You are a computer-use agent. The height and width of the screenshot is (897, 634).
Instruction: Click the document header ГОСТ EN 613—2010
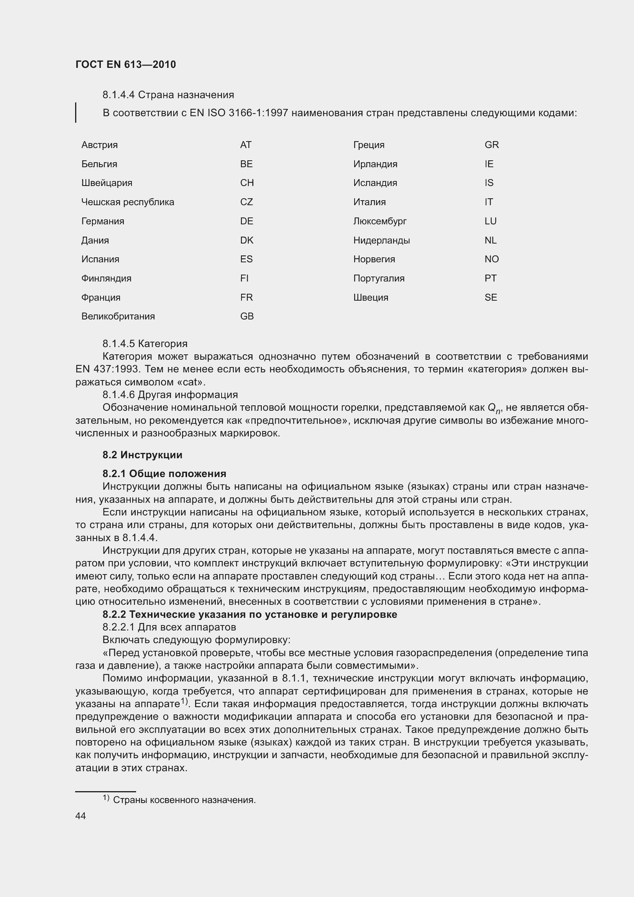[x=125, y=64]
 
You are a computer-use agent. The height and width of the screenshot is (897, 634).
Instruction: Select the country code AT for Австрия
[x=246, y=145]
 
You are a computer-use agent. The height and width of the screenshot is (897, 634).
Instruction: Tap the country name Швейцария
[x=107, y=183]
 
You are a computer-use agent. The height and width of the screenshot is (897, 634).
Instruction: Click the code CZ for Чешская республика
[x=246, y=202]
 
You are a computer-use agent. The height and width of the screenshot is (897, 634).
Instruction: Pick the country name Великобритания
[x=118, y=316]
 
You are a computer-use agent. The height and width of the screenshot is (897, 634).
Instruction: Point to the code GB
[x=247, y=316]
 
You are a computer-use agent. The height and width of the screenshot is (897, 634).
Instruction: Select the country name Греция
[x=368, y=145]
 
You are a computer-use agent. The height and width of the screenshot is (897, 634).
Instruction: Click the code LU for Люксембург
[x=490, y=221]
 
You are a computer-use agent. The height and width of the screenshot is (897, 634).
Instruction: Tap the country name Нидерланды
[x=381, y=240]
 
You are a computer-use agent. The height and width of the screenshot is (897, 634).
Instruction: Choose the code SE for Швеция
[x=491, y=297]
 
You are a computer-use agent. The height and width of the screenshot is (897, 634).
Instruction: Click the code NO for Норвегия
[x=491, y=259]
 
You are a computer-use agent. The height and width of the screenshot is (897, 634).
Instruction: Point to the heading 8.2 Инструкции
[x=143, y=455]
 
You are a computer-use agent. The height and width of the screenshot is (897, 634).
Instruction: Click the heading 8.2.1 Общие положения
[x=164, y=474]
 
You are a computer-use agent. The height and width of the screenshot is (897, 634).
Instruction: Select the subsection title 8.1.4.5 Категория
[x=145, y=344]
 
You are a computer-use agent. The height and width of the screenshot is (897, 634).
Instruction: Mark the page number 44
[x=80, y=816]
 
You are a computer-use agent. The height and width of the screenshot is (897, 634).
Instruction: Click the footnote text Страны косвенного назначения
[x=184, y=800]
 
